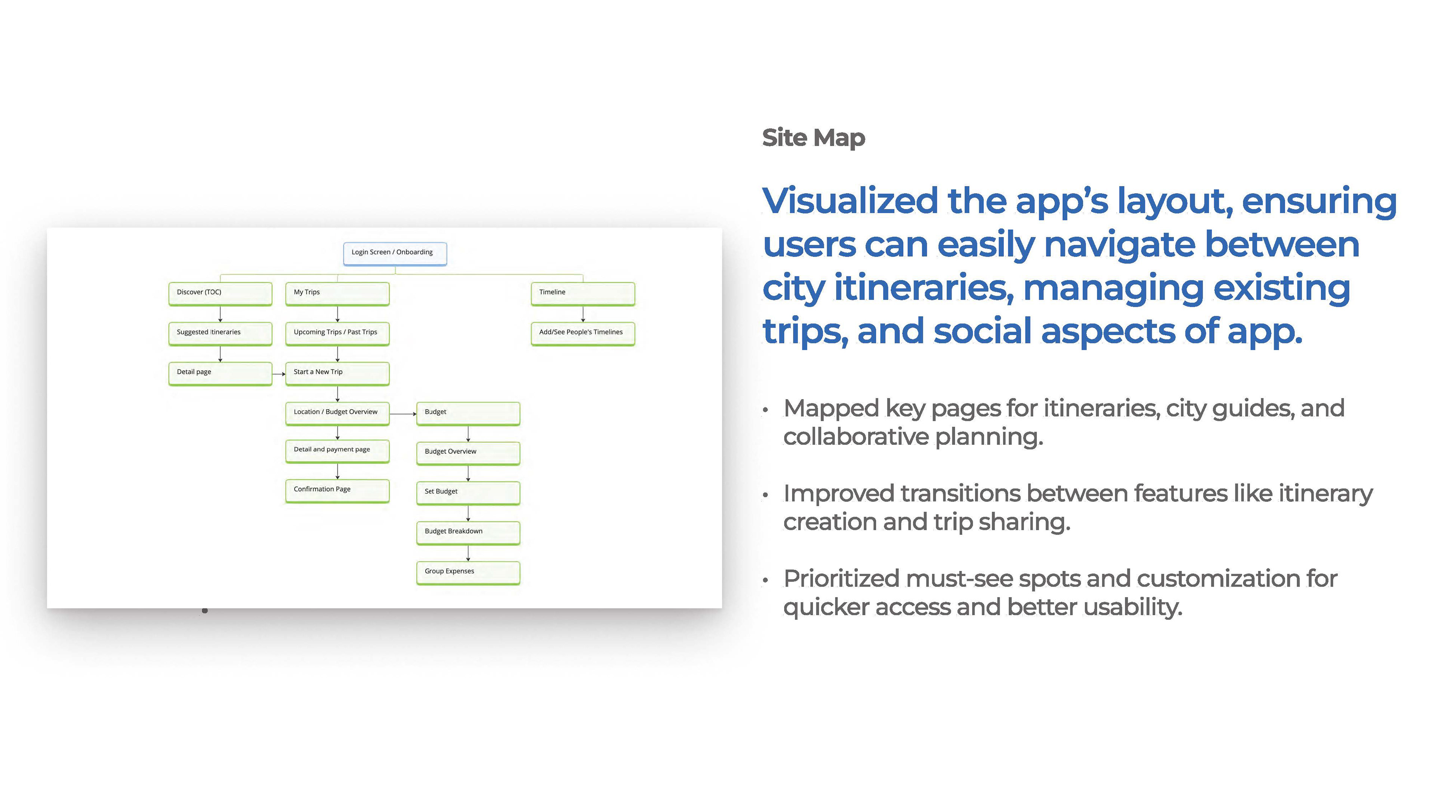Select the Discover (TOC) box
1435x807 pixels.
point(220,294)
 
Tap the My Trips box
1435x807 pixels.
point(337,294)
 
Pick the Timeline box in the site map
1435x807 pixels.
point(583,294)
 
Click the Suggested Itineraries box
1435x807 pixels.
point(220,333)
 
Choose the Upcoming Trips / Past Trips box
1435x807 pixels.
point(337,333)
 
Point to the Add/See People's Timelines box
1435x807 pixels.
point(583,333)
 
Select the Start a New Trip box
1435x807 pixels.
point(337,373)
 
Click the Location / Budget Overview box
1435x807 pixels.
point(337,413)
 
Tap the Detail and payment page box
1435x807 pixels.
point(337,451)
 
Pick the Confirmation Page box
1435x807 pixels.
point(337,490)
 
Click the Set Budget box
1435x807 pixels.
point(468,492)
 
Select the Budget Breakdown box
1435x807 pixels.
point(468,532)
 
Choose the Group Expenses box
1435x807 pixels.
point(468,572)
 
